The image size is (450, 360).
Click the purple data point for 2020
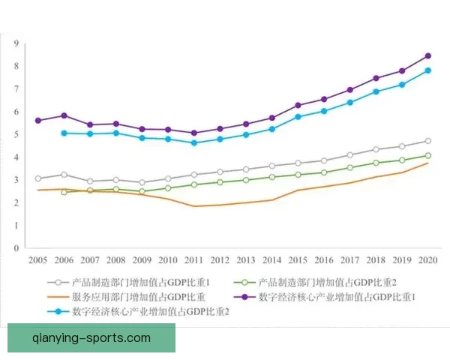(x=427, y=55)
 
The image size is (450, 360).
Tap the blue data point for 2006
(x=64, y=133)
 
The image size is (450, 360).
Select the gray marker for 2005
(x=37, y=178)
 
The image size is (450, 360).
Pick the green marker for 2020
(x=427, y=155)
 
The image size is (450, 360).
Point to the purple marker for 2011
(x=194, y=133)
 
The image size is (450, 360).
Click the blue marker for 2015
(x=298, y=116)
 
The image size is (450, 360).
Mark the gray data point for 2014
(x=271, y=166)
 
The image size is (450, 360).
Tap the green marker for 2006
(x=64, y=192)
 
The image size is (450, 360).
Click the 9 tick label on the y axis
(x=16, y=43)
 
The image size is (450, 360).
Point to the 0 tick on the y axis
(x=16, y=247)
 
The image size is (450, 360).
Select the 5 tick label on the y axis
(x=16, y=134)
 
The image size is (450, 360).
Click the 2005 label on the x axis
(x=37, y=259)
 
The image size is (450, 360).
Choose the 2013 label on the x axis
(x=246, y=259)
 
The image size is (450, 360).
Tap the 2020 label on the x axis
(x=427, y=259)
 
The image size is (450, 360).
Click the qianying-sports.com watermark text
(x=91, y=337)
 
